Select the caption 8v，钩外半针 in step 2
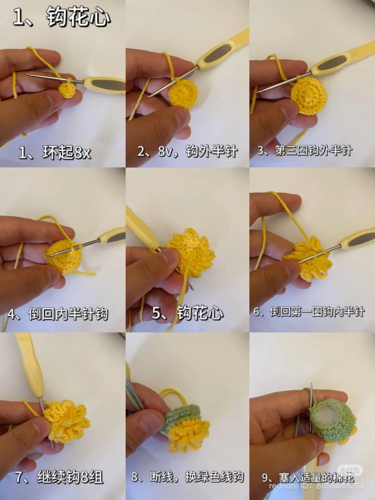click(x=187, y=151)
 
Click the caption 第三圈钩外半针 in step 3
click(x=305, y=150)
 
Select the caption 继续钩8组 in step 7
click(x=59, y=477)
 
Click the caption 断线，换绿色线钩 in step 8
click(x=187, y=477)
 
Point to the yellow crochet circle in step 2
click(x=183, y=93)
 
